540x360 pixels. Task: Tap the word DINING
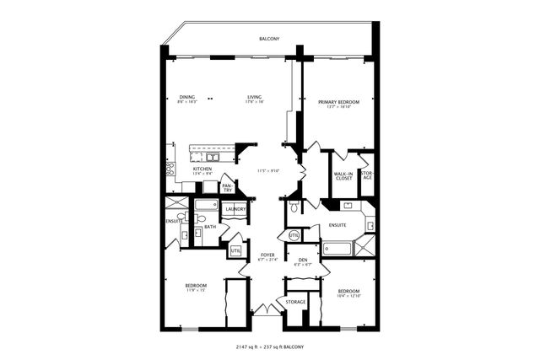[187, 97]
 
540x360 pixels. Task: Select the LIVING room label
[253, 97]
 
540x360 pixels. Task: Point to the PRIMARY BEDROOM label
[338, 102]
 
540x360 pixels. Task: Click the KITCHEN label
[202, 169]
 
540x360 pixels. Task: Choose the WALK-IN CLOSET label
[343, 176]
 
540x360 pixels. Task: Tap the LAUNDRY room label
[235, 209]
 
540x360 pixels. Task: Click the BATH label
[209, 226]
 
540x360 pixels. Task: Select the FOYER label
[267, 254]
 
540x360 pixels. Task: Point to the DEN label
[302, 259]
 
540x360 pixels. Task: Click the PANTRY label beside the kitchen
[227, 189]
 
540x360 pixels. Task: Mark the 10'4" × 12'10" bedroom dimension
[348, 296]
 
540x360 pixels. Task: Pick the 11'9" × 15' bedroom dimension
[196, 291]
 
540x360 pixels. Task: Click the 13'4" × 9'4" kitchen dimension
[202, 174]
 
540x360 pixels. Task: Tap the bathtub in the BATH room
[208, 205]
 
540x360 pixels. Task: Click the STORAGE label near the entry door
[295, 302]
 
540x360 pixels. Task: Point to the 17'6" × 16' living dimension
[254, 102]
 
